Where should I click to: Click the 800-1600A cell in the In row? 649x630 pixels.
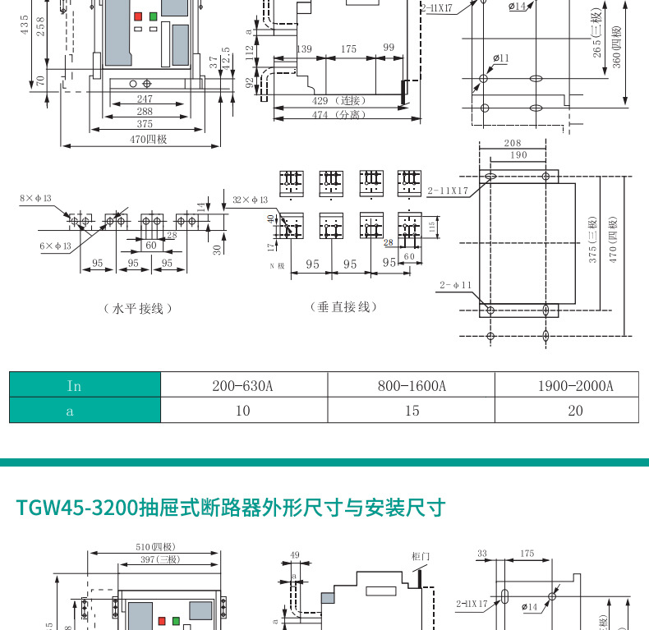point(411,385)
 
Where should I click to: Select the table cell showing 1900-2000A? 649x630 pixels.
point(575,385)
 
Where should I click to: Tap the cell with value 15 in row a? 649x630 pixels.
point(411,410)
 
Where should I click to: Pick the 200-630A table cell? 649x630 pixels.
point(243,385)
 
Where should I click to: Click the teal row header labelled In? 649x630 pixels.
point(74,385)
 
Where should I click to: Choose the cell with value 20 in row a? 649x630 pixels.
point(575,410)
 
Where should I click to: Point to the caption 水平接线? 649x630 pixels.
point(138,309)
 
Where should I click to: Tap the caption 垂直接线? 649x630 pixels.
point(343,307)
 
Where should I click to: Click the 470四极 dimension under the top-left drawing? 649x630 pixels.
point(148,140)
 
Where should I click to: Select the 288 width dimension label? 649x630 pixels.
point(145,112)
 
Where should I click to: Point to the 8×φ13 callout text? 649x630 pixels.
point(35,198)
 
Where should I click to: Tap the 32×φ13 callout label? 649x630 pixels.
point(251,200)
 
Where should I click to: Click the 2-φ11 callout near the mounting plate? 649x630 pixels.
point(456,285)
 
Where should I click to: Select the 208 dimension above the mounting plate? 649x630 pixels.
point(512,144)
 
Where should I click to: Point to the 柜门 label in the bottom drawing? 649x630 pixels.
point(420,556)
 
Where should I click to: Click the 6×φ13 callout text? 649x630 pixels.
point(55,246)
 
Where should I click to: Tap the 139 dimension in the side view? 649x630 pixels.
point(304,49)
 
